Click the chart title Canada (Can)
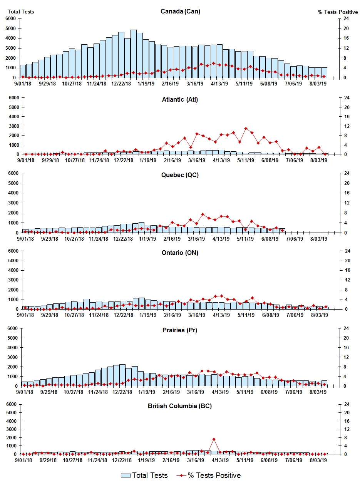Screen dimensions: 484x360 [x=180, y=12]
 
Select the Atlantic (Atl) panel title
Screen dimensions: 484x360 [x=180, y=100]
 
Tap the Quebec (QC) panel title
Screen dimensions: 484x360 [x=180, y=175]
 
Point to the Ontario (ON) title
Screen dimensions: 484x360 [x=180, y=253]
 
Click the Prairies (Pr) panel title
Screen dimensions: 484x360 [x=180, y=330]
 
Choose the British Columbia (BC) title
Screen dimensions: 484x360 [x=180, y=406]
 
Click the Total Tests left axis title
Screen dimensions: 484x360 [x=21, y=12]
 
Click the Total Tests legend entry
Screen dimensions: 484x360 [x=144, y=476]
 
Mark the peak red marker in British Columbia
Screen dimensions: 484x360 [x=214, y=439]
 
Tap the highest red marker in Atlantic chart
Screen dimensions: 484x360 [x=246, y=128]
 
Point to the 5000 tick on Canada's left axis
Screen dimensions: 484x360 [x=11, y=28]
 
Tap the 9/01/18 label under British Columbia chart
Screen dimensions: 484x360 [x=23, y=460]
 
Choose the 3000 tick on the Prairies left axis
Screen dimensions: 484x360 [x=11, y=357]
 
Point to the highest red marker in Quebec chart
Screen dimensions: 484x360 [x=203, y=214]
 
